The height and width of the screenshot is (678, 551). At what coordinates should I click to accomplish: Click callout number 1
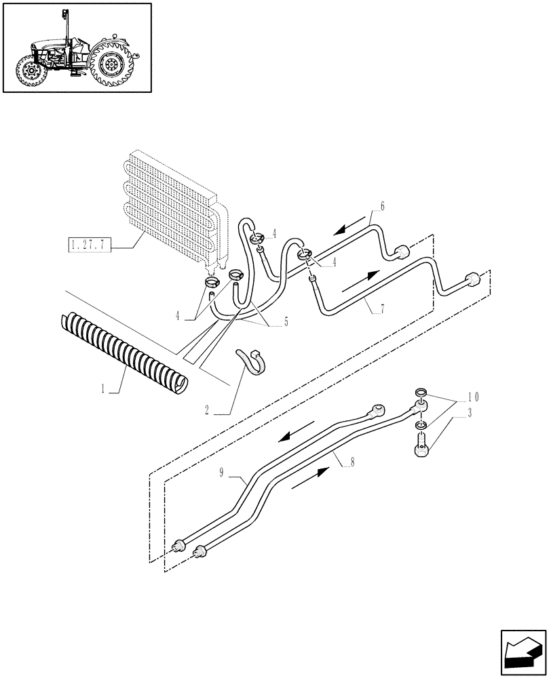[x=102, y=389]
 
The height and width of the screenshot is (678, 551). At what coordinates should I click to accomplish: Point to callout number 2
[x=206, y=410]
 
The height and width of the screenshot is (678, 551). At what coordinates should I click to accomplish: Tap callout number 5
[x=286, y=322]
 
